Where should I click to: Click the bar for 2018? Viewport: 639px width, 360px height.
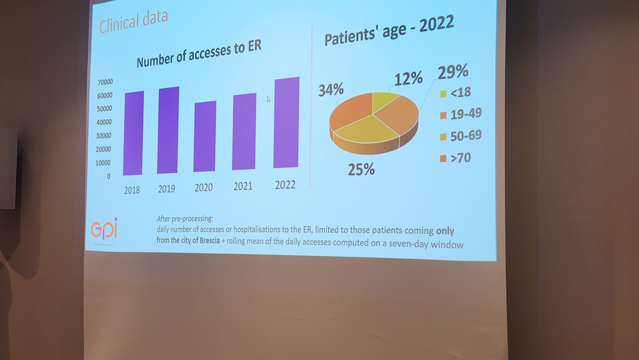[134, 133]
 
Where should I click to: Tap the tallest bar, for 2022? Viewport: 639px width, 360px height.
[286, 123]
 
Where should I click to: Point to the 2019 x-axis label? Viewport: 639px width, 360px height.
[167, 189]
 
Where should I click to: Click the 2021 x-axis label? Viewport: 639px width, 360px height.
[243, 186]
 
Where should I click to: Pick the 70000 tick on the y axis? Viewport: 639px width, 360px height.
[105, 82]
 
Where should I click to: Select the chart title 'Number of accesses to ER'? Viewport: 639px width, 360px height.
[199, 53]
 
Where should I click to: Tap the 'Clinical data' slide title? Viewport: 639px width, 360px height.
[134, 22]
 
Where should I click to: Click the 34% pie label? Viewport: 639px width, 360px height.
[331, 90]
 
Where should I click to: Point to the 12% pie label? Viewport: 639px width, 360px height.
[408, 79]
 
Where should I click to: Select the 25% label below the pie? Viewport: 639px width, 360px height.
[361, 170]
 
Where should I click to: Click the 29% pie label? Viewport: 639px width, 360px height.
[453, 71]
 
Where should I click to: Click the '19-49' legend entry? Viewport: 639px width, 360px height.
[461, 114]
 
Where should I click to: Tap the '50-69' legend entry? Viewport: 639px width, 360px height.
[461, 136]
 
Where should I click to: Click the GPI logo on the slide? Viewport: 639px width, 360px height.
[104, 230]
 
